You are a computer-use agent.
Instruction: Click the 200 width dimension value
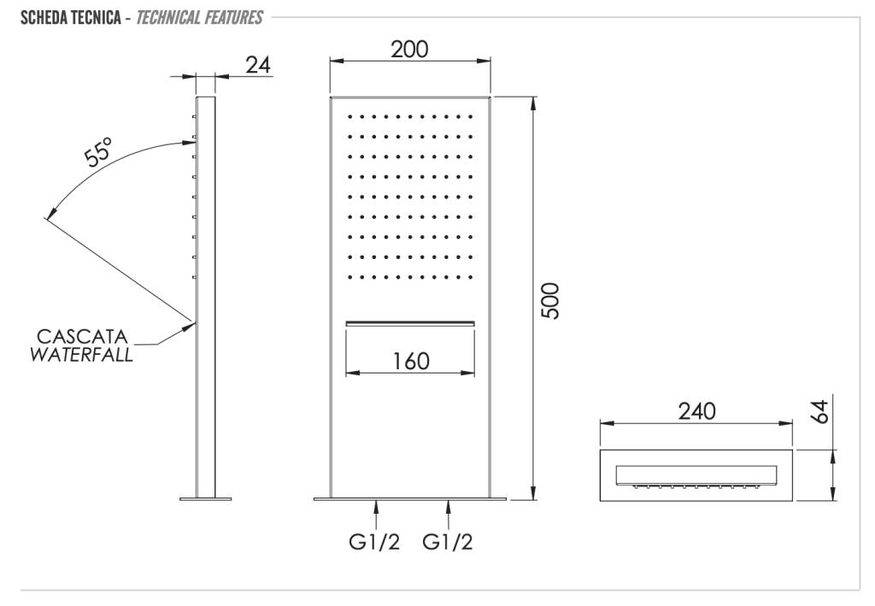(x=409, y=49)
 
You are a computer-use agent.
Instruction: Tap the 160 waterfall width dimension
(x=411, y=361)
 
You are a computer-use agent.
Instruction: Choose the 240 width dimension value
(x=696, y=411)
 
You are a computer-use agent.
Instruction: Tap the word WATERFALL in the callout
(x=82, y=355)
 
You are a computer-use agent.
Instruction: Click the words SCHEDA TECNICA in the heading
(x=66, y=17)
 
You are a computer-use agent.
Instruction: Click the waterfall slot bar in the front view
(x=410, y=322)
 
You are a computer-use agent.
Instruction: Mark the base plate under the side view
(x=206, y=498)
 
